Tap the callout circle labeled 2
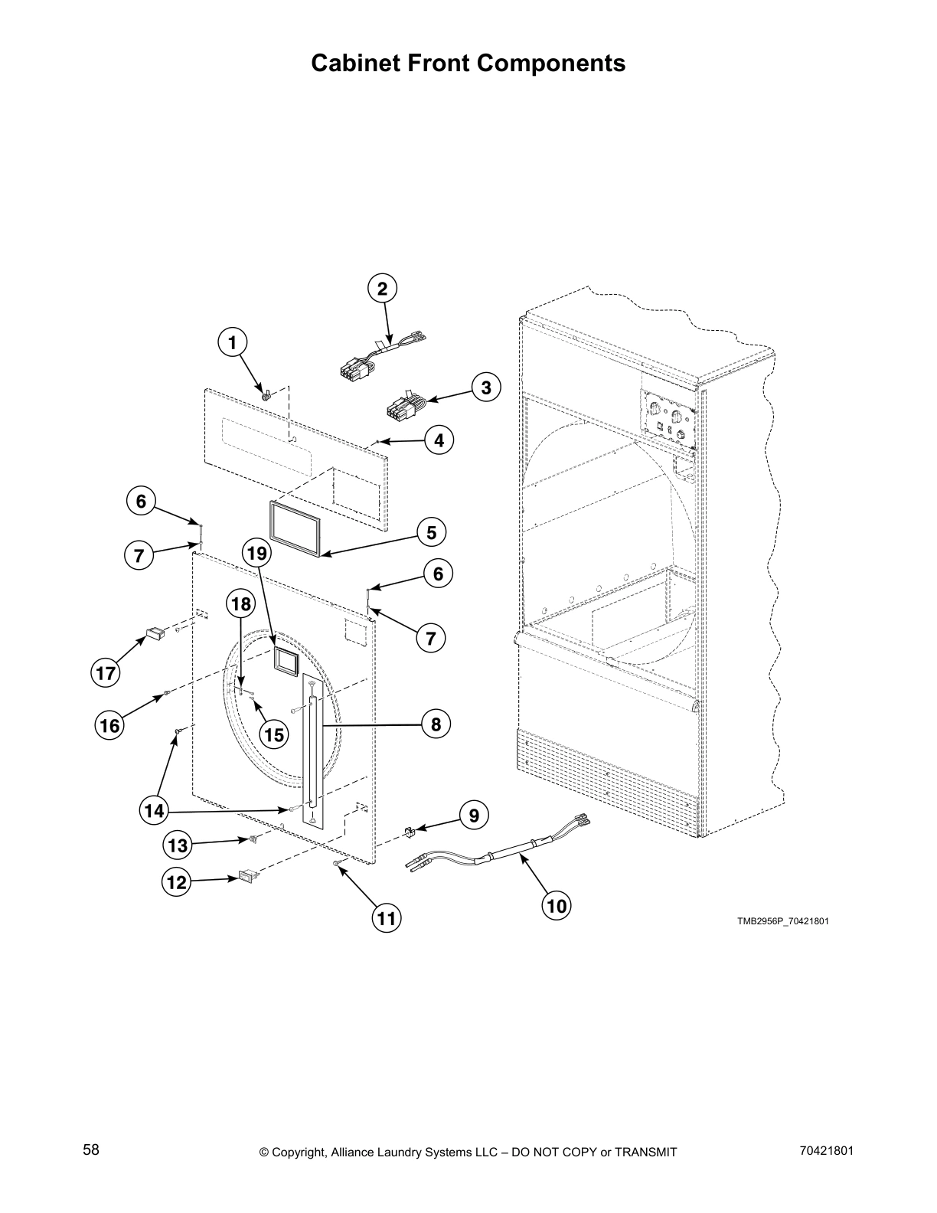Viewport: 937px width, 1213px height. (382, 289)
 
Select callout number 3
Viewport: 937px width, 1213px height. (485, 387)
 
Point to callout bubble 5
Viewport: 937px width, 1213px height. (431, 532)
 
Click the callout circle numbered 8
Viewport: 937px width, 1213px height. (436, 724)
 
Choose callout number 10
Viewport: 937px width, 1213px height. (557, 906)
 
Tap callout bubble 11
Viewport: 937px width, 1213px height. (387, 917)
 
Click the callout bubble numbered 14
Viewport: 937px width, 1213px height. (155, 810)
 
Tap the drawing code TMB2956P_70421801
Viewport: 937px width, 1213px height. (782, 921)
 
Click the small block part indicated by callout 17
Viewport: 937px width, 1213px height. (155, 634)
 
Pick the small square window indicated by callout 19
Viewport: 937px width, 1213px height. (286, 659)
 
